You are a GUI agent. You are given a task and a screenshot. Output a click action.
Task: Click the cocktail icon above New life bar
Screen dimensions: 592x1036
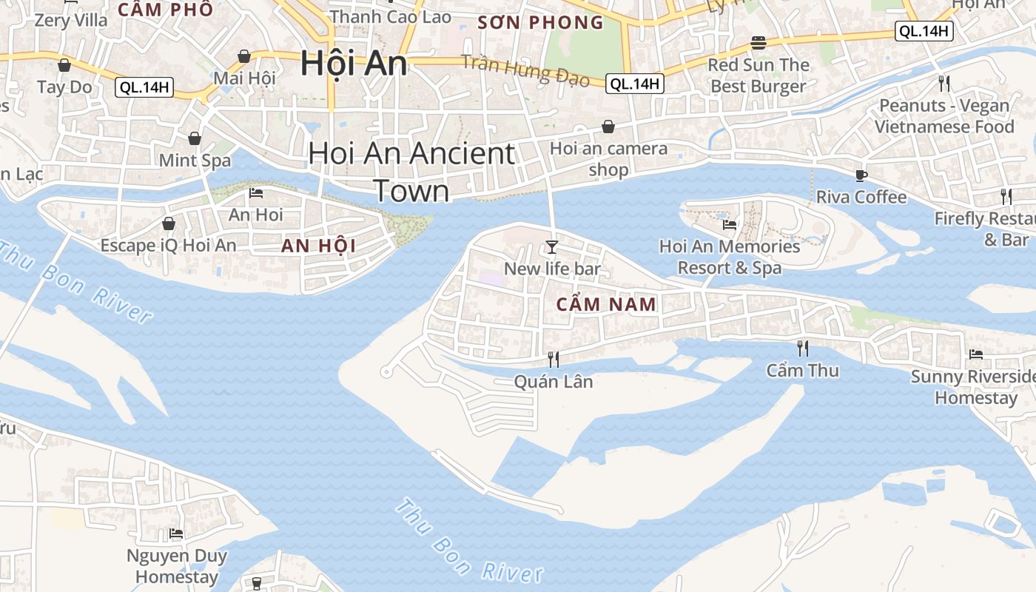coord(552,246)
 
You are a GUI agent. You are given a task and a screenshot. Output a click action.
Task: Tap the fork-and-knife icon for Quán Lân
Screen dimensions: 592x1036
coord(553,359)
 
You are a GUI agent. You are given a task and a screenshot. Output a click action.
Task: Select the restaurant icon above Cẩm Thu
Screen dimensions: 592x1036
coord(802,348)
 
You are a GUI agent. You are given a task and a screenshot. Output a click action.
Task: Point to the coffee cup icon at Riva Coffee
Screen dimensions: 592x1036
coord(861,175)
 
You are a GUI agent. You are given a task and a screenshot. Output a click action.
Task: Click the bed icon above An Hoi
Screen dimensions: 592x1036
coord(256,193)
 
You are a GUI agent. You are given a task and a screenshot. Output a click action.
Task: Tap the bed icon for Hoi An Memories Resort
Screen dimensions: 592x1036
coord(730,224)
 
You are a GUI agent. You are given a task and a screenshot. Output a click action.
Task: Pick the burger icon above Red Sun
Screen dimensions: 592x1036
coord(758,42)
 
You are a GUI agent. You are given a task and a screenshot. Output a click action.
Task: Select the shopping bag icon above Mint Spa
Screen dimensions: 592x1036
coord(195,138)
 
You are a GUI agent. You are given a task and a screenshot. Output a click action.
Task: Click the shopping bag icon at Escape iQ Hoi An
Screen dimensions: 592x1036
coord(169,223)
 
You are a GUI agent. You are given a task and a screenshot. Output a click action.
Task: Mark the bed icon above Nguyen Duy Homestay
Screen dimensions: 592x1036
coord(176,533)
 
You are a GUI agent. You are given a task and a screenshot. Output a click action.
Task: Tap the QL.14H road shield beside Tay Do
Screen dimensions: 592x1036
coord(144,87)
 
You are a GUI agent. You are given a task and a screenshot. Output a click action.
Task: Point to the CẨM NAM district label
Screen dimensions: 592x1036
coord(606,303)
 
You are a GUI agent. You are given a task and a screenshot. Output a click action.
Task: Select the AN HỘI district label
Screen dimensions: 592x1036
coord(318,246)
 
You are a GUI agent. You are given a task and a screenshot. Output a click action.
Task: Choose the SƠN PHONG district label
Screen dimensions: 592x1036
coord(541,22)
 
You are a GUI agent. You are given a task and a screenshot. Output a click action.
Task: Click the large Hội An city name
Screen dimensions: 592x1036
coord(354,64)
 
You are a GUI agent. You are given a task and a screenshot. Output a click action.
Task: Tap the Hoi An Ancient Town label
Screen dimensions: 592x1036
coord(411,172)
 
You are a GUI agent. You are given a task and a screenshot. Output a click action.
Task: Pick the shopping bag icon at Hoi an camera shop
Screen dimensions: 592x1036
coord(608,127)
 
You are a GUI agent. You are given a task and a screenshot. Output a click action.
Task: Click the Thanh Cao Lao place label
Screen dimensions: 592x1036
coord(390,16)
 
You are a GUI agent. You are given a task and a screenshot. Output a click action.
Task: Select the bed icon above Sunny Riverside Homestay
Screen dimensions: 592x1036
coord(976,354)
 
